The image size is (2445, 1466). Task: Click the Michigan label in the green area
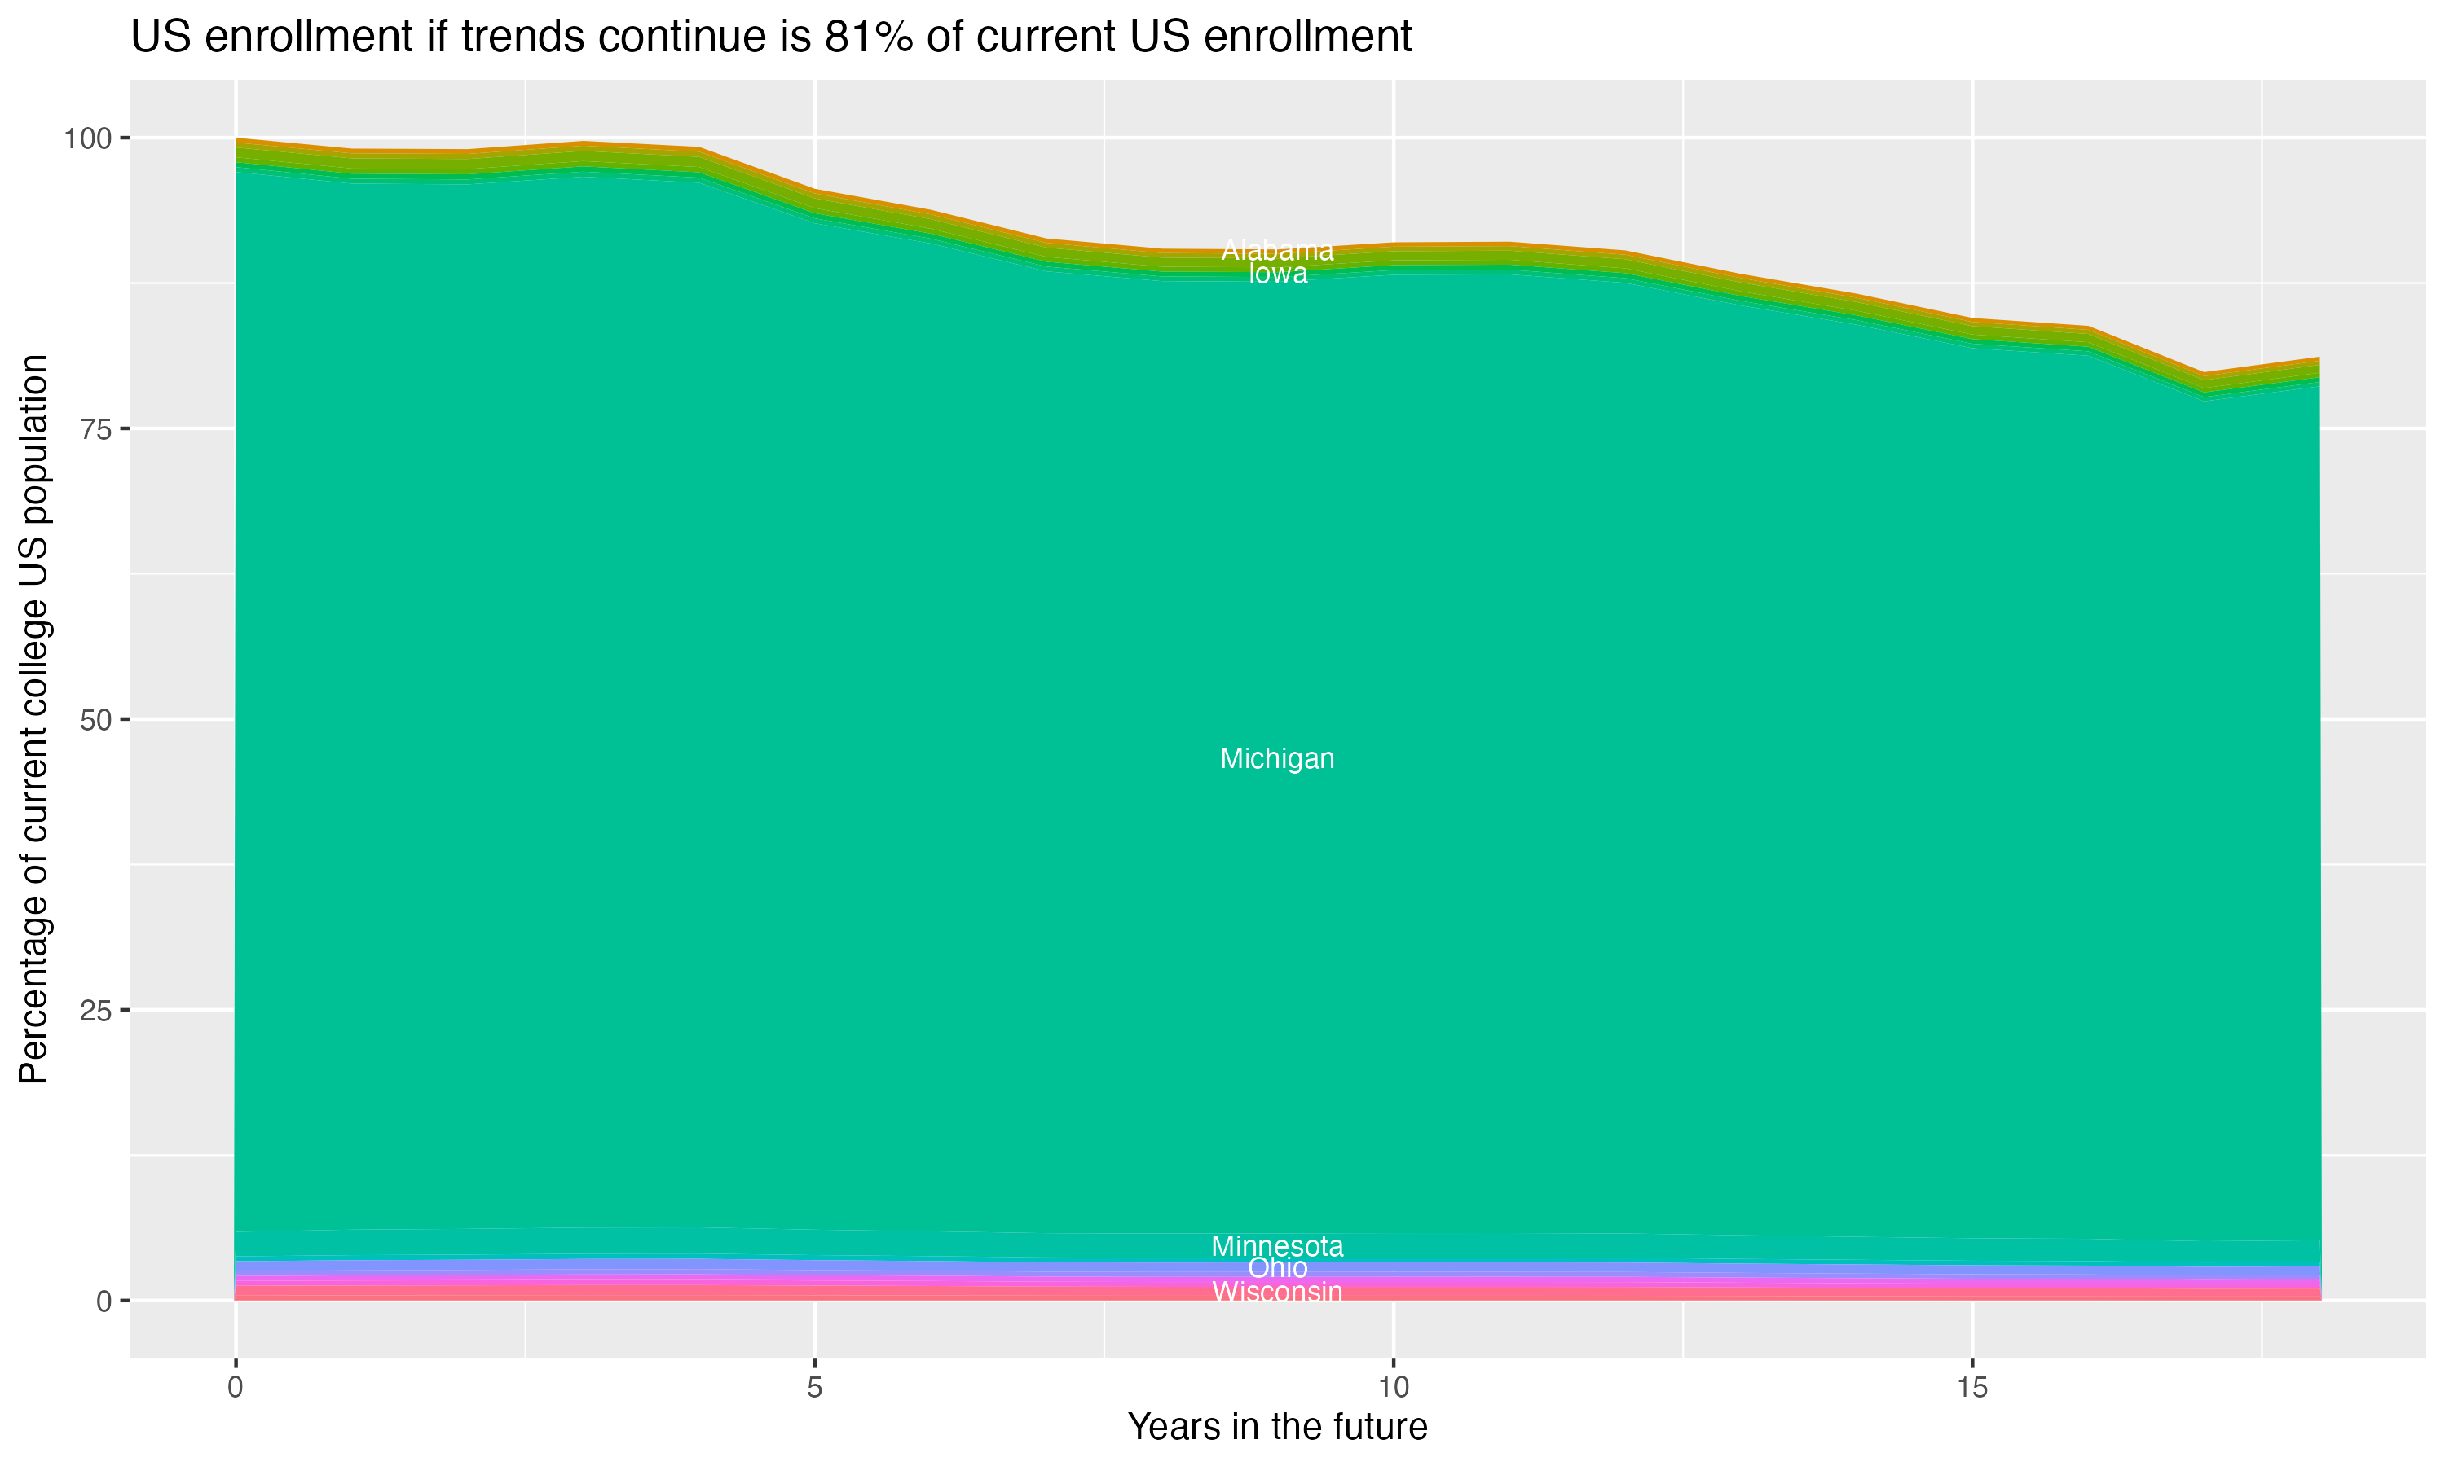(1277, 759)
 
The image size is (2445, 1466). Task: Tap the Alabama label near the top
(1277, 251)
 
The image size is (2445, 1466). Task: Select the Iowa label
(1277, 274)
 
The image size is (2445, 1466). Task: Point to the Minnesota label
(1277, 1247)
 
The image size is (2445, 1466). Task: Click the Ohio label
(1277, 1268)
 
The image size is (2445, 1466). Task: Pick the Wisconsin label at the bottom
(1277, 1291)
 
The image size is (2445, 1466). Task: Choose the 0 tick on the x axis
(236, 1388)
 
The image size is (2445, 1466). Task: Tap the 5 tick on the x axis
(814, 1388)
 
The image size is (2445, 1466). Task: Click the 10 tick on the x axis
(1393, 1388)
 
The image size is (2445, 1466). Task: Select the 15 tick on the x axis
(1971, 1388)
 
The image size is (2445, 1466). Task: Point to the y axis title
(33, 719)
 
